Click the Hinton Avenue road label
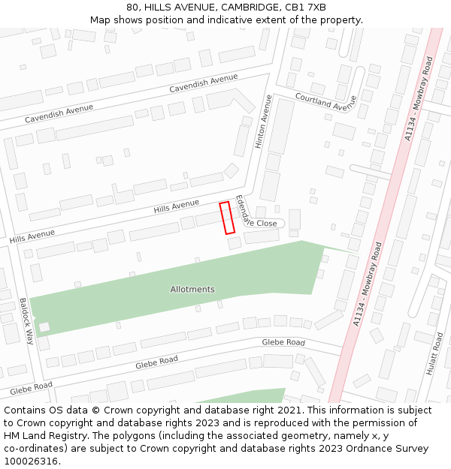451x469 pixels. click(x=262, y=121)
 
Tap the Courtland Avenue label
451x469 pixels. click(x=325, y=101)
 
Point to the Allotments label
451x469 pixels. click(x=192, y=289)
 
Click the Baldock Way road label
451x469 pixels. click(x=27, y=320)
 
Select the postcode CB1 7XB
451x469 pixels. click(x=306, y=8)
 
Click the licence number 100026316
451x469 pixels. click(x=31, y=461)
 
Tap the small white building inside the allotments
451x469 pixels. click(x=44, y=327)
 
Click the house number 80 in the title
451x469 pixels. click(x=132, y=8)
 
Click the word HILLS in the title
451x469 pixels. click(x=159, y=8)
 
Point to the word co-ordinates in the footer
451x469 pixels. click(x=33, y=448)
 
